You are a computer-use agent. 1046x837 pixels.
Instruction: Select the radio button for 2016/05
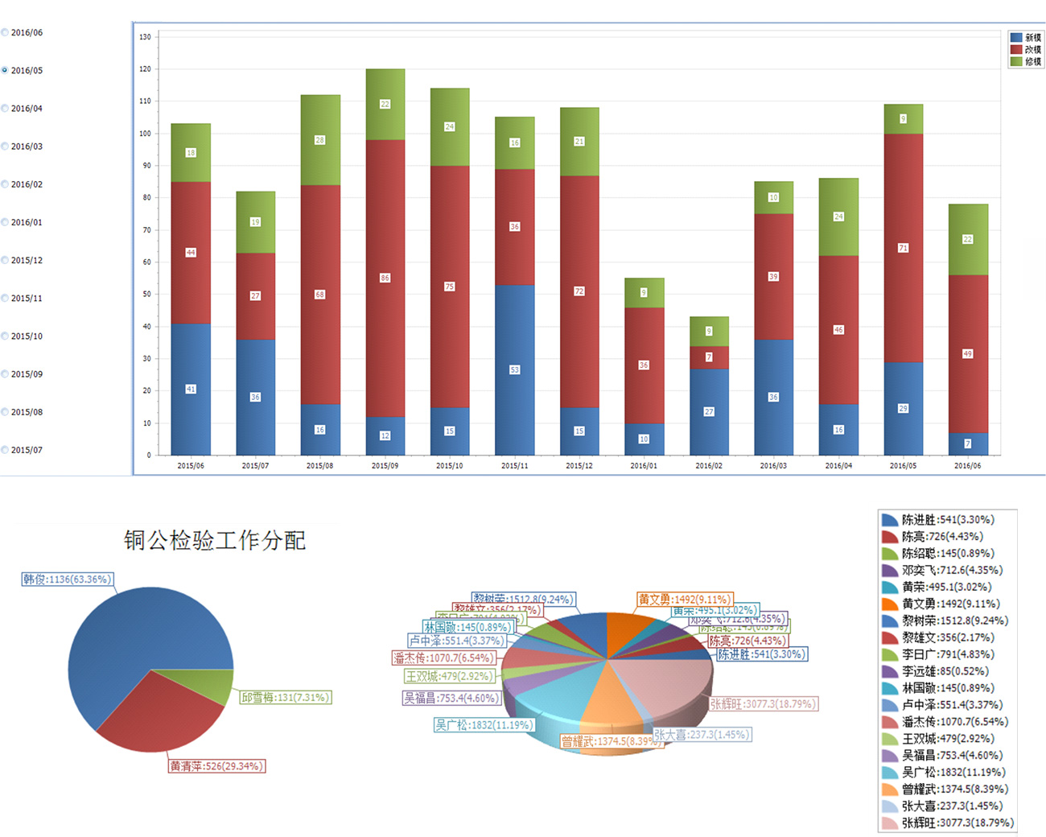coord(5,70)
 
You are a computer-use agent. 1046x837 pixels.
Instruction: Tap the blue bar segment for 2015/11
coord(514,369)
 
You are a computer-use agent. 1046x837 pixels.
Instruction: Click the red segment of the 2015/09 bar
coord(385,278)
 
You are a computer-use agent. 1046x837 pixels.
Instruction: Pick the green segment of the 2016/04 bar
coord(838,216)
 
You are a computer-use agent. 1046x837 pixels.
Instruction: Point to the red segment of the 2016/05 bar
coord(903,248)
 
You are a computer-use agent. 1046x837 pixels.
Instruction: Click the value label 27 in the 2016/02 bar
coord(709,411)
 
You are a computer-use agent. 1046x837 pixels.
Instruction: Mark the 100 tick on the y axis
coord(145,134)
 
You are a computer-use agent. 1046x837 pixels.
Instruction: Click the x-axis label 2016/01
coord(644,466)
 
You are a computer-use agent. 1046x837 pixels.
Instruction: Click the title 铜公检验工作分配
coord(215,540)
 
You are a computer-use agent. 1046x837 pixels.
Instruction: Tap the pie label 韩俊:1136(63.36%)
coord(68,579)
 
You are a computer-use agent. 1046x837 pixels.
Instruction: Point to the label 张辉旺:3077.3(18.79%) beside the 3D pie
coord(763,704)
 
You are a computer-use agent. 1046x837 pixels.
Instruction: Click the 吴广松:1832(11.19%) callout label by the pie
coord(484,725)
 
